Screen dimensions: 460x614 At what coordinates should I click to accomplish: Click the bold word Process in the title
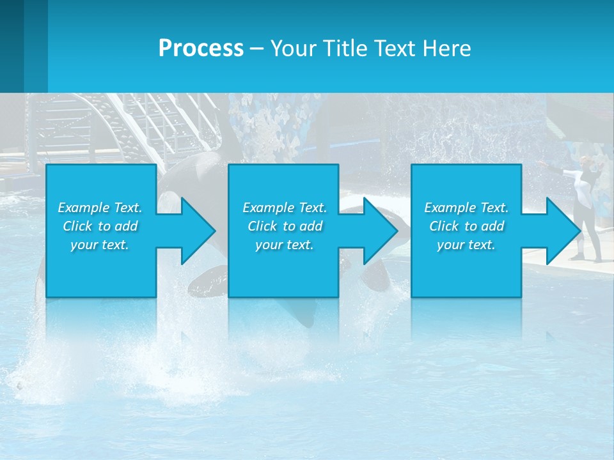[201, 49]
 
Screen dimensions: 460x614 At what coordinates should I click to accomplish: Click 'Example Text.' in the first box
[100, 208]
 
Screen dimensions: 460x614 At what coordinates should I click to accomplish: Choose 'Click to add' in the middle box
[285, 226]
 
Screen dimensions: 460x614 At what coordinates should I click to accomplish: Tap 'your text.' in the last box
[466, 245]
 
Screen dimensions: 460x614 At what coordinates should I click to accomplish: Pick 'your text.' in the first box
[100, 245]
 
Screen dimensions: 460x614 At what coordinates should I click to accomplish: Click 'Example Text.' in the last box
[466, 208]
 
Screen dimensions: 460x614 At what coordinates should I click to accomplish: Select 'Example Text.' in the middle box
[285, 208]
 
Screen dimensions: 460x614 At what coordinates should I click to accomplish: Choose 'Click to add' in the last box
[466, 226]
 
